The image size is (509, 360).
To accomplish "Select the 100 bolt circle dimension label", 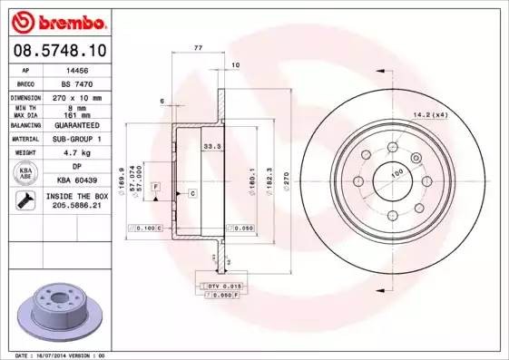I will coord(396,172).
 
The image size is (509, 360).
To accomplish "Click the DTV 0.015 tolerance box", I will coord(221,286).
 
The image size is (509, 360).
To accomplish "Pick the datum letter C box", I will coord(192,193).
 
